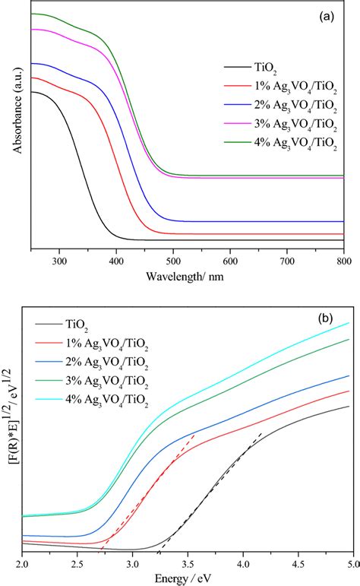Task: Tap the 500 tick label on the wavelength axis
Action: point(173,261)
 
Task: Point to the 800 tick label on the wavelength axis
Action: point(343,261)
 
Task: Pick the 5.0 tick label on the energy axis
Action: point(349,565)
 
